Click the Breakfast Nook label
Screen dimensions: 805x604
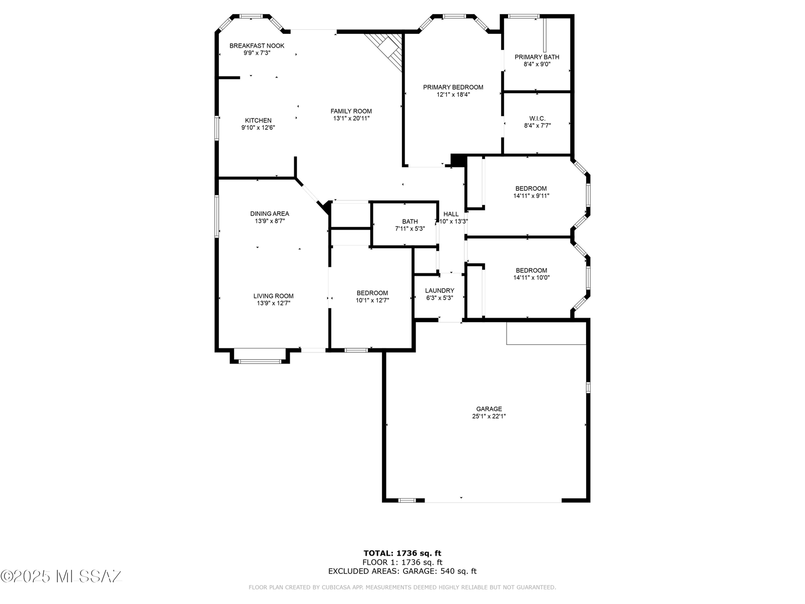tap(257, 46)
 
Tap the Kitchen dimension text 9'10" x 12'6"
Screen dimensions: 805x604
tap(258, 128)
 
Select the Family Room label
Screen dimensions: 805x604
tap(351, 111)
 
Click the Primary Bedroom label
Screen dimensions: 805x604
tap(453, 87)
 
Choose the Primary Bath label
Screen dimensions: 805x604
tap(537, 57)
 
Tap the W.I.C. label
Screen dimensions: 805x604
tap(537, 118)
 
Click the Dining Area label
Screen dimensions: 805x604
tap(270, 213)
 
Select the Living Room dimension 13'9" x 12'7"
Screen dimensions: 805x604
tap(274, 304)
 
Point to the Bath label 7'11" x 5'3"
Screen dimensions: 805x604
tap(410, 225)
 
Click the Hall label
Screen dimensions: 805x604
tap(451, 214)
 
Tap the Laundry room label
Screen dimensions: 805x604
tap(439, 291)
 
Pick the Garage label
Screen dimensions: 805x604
tap(489, 409)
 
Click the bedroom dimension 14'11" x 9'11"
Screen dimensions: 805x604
tap(531, 196)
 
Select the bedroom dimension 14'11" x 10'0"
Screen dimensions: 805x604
tap(531, 278)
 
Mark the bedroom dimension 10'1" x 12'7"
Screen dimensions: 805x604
tap(372, 300)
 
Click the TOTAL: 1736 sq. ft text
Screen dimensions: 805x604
tap(403, 553)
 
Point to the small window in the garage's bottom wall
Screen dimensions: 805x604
tap(407, 500)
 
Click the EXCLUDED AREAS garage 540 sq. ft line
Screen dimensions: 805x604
tap(403, 571)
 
